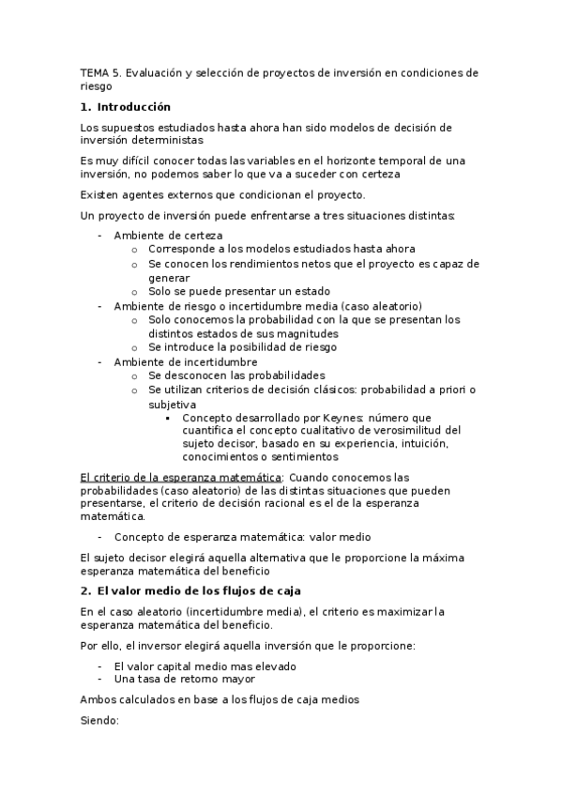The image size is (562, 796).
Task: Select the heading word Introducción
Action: coord(134,107)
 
